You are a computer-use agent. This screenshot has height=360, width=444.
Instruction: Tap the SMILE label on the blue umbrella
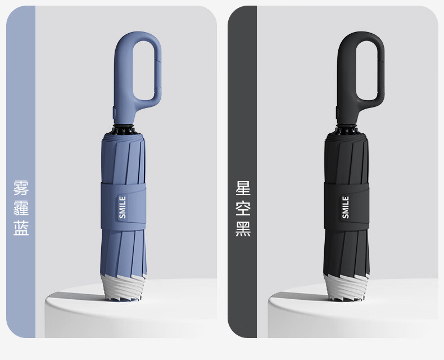[123, 207]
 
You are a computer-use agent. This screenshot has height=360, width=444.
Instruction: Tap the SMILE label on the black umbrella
[346, 207]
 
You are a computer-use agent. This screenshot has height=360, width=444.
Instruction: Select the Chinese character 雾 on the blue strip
[21, 188]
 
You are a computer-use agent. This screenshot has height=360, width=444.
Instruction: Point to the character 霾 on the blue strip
[21, 208]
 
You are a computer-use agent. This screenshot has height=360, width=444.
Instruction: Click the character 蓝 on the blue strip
[21, 228]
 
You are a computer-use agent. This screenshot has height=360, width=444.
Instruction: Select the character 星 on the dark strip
[243, 188]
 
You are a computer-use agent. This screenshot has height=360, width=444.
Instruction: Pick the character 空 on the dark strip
[243, 208]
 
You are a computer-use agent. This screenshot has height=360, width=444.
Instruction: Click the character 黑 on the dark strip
[243, 228]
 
